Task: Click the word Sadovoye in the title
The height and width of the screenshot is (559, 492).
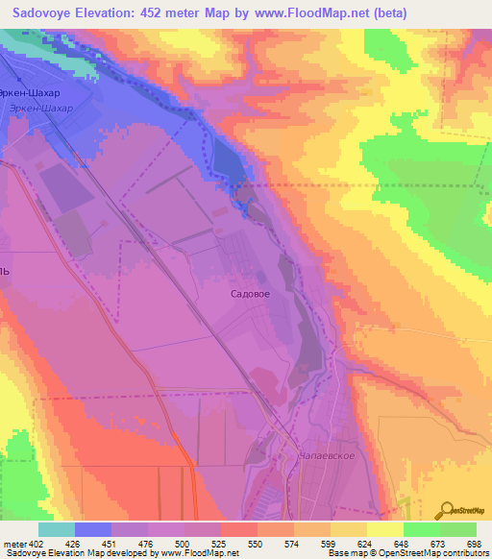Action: tap(53, 13)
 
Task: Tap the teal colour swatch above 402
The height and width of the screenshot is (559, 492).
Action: tap(57, 529)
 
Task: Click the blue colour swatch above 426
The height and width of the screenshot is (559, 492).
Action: tap(93, 529)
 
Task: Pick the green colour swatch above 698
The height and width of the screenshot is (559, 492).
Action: tap(458, 529)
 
